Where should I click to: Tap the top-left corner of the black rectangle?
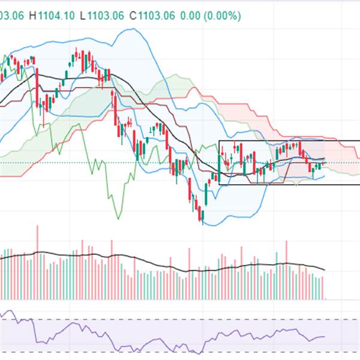pos(219,141)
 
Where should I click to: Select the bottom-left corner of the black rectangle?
pos(219,184)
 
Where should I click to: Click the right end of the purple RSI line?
pos(325,337)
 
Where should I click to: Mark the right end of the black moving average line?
pos(325,158)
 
